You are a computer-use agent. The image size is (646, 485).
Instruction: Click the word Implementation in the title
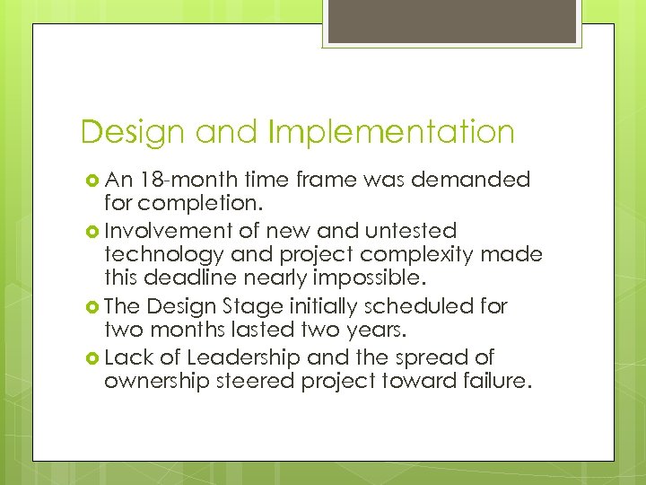(x=391, y=133)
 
